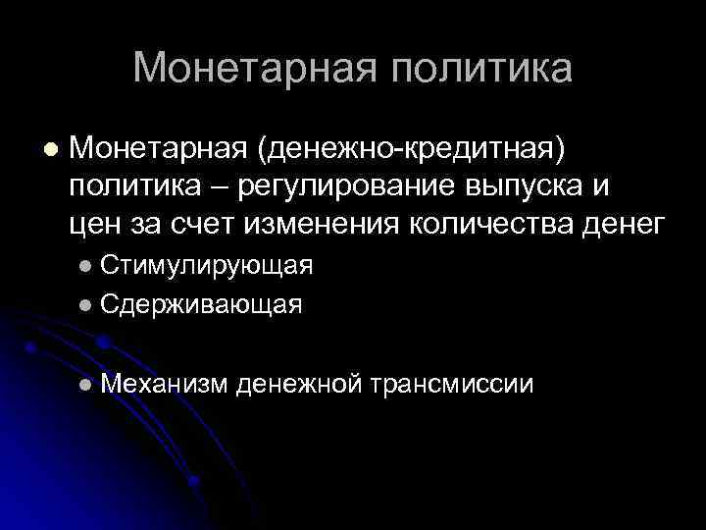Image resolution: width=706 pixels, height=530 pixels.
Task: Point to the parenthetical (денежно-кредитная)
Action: [x=412, y=150]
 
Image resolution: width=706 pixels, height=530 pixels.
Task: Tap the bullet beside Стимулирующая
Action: [x=88, y=267]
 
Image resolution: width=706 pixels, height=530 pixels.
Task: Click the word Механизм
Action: [x=163, y=383]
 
